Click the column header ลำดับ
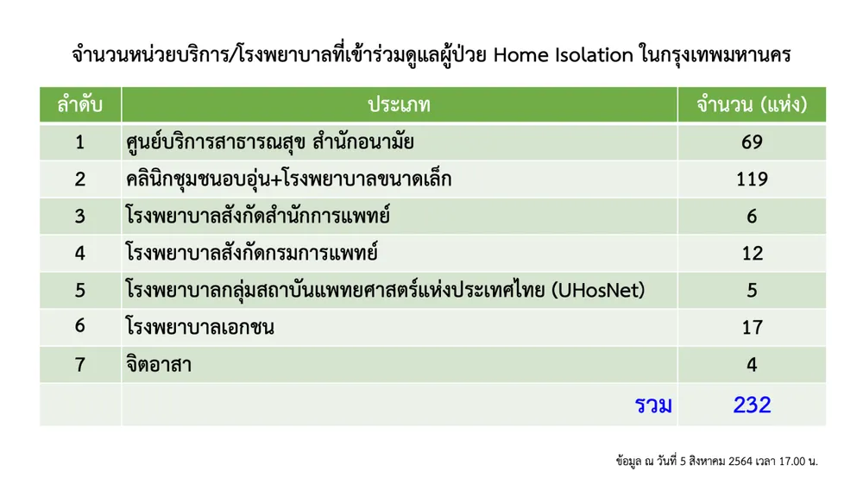pyautogui.click(x=79, y=104)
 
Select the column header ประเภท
pyautogui.click(x=399, y=104)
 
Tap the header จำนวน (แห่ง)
pyautogui.click(x=752, y=104)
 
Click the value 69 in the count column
pyautogui.click(x=752, y=141)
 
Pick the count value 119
pyautogui.click(x=752, y=179)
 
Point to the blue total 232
pyautogui.click(x=752, y=405)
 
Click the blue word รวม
pyautogui.click(x=653, y=405)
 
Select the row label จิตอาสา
pyautogui.click(x=159, y=363)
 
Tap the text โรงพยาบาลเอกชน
pyautogui.click(x=200, y=327)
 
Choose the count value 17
pyautogui.click(x=752, y=327)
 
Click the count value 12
pyautogui.click(x=752, y=253)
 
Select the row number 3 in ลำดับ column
pyautogui.click(x=79, y=217)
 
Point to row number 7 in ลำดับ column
pyautogui.click(x=79, y=364)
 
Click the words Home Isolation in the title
pyautogui.click(x=563, y=55)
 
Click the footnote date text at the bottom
pyautogui.click(x=716, y=461)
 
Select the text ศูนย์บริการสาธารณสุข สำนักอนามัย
pyautogui.click(x=269, y=141)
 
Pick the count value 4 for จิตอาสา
pyautogui.click(x=752, y=364)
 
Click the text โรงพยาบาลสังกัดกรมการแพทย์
pyautogui.click(x=252, y=253)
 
